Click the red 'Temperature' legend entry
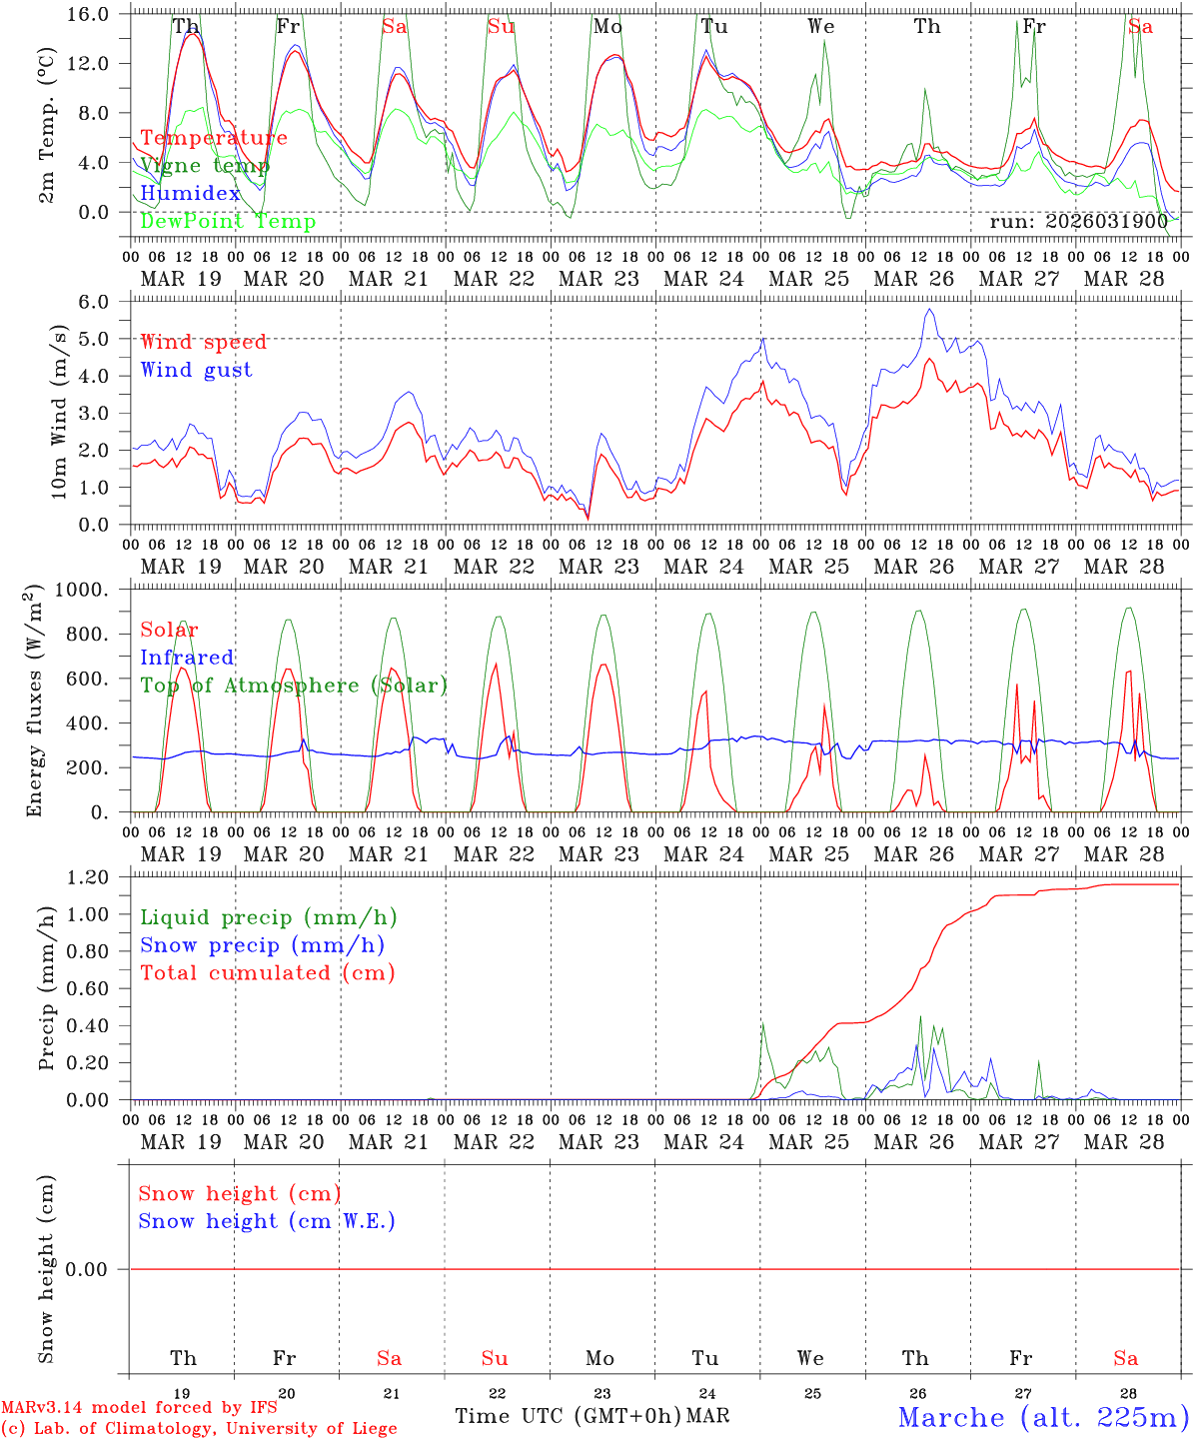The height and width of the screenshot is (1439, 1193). [x=213, y=138]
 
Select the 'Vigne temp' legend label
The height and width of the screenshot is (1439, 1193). [x=204, y=166]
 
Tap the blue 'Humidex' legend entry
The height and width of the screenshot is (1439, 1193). [x=190, y=194]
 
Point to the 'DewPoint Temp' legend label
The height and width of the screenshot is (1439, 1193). [x=227, y=222]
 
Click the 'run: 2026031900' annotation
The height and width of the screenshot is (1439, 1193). [x=1078, y=222]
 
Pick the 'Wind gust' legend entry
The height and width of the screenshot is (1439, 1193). [x=196, y=370]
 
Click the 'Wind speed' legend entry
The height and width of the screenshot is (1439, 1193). [x=203, y=342]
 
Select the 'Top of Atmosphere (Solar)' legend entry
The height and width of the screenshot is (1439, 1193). [x=293, y=686]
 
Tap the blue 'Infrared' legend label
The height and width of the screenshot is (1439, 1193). [x=187, y=658]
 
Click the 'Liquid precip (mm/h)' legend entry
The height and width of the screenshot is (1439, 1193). [x=268, y=917]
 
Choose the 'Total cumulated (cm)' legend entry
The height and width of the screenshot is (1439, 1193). [x=267, y=973]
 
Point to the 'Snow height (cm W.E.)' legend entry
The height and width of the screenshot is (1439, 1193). [x=266, y=1221]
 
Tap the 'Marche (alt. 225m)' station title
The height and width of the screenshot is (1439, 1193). [x=1042, y=1417]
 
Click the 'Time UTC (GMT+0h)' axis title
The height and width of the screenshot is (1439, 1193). [x=568, y=1416]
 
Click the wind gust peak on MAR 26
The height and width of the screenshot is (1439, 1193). [x=929, y=310]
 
